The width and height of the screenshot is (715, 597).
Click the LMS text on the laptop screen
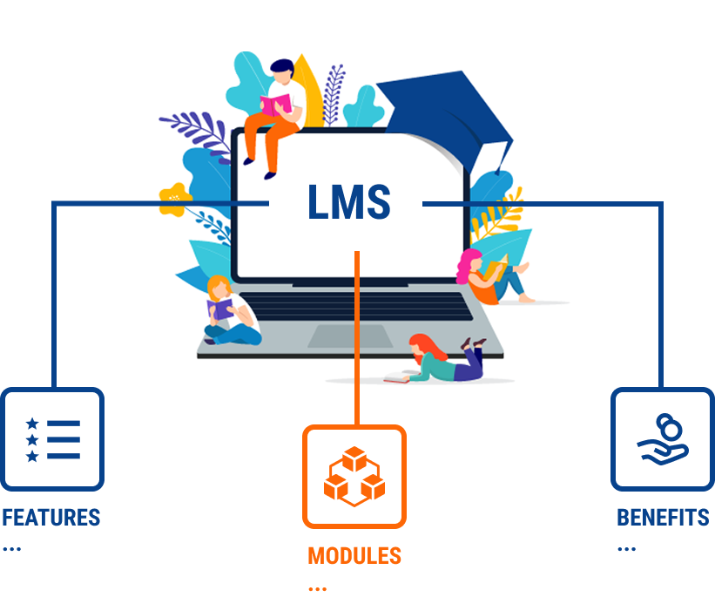[x=349, y=201]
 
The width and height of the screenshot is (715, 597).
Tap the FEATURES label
[x=51, y=518]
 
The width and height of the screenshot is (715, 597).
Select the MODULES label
[x=354, y=556]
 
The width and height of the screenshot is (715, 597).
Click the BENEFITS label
[x=663, y=518]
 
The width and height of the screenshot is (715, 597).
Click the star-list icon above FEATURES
[x=53, y=439]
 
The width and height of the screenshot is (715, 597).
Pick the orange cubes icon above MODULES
[x=354, y=477]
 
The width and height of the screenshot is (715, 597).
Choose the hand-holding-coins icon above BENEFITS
[x=663, y=439]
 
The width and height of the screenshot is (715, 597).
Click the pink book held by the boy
[x=275, y=105]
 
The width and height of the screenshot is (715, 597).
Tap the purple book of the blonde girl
[x=220, y=309]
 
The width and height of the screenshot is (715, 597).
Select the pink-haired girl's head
[x=469, y=264]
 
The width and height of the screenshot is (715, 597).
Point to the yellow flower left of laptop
[x=174, y=200]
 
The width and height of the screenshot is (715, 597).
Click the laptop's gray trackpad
[x=350, y=336]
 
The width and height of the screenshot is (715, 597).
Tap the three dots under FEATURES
[x=12, y=548]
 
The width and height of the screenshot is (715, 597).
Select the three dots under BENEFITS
[x=626, y=548]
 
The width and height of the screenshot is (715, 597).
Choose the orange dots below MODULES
[x=317, y=589]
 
